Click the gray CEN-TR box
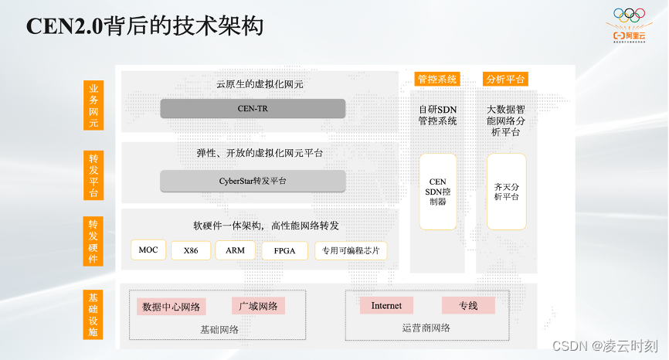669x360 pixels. (x=253, y=109)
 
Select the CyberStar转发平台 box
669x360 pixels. (x=253, y=181)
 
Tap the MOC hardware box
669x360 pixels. (x=148, y=250)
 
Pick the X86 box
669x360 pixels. (x=190, y=250)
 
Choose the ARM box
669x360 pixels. (x=235, y=250)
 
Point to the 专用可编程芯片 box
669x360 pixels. (x=350, y=250)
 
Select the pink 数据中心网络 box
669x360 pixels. (x=171, y=307)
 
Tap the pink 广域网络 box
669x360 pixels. (x=258, y=306)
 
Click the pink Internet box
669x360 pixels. (x=386, y=305)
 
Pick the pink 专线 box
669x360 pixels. (x=467, y=305)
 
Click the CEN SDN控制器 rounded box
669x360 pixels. (x=437, y=192)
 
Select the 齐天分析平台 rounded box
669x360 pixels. (x=506, y=191)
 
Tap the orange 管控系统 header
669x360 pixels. (x=437, y=79)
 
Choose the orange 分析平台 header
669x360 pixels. (x=505, y=79)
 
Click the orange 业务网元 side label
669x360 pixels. (x=93, y=106)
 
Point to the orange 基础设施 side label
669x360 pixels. (x=93, y=314)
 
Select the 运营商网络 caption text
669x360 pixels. (x=426, y=328)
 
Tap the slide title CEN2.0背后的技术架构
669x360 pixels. (x=145, y=26)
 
